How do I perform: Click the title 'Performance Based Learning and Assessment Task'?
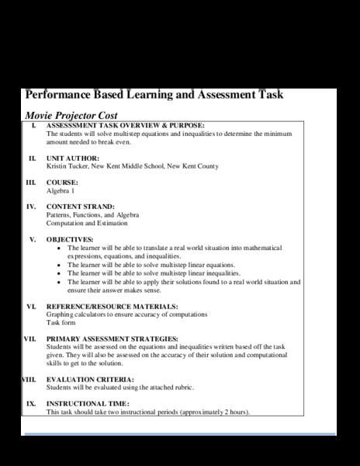point(154,95)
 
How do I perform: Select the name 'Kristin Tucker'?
point(67,166)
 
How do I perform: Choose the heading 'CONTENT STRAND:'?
point(81,207)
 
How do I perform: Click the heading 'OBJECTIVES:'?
point(70,239)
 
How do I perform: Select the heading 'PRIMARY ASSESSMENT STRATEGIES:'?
point(112,339)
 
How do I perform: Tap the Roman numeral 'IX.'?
point(31,404)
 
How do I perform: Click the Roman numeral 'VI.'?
point(31,306)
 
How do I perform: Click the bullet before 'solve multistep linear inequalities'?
point(61,273)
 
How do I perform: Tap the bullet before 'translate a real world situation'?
point(61,248)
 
